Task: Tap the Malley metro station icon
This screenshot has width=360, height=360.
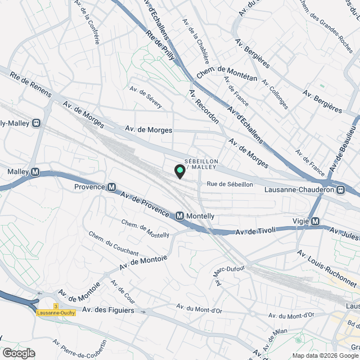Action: tap(35, 172)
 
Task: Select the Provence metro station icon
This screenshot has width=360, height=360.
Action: tap(111, 187)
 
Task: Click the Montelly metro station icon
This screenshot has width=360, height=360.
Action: tap(179, 215)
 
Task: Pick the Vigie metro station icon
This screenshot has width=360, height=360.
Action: tap(316, 221)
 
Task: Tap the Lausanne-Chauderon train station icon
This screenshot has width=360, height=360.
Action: tap(341, 190)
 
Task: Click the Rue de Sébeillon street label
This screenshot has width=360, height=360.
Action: tap(229, 184)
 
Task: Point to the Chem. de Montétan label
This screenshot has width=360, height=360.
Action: tap(227, 72)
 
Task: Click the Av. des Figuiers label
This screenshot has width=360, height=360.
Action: tap(107, 309)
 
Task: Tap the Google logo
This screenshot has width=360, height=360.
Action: tap(18, 353)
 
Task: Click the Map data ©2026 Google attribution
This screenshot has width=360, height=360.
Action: tap(320, 355)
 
